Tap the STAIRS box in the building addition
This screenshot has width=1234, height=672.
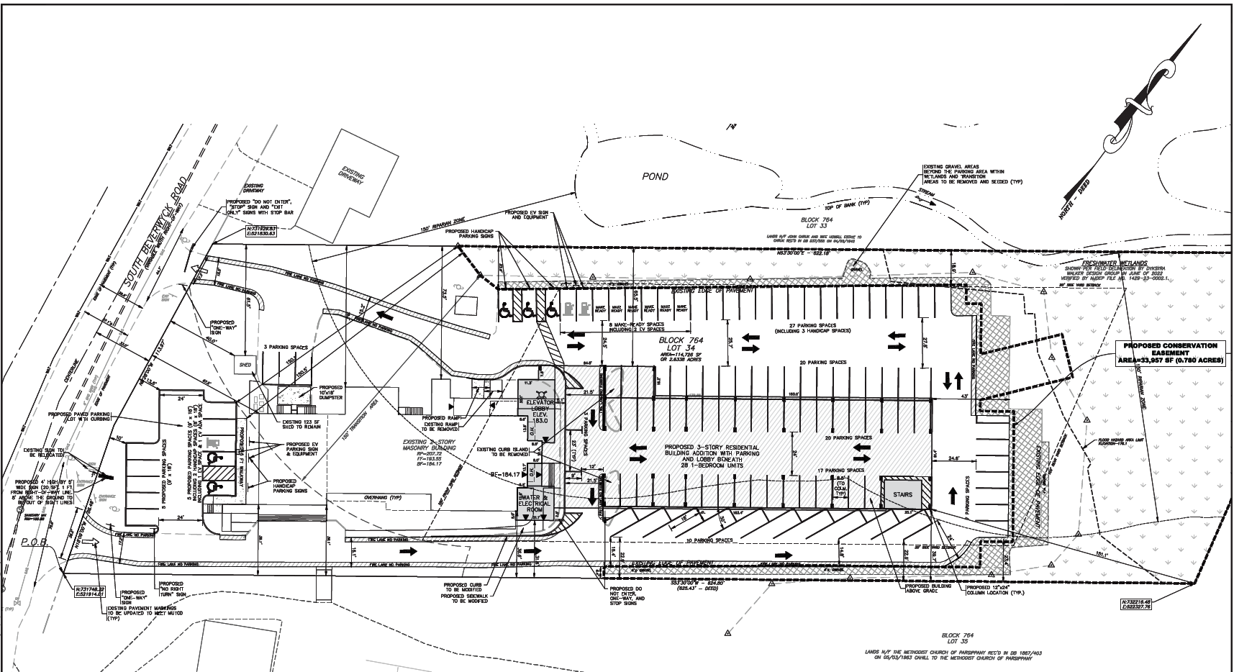[902, 495]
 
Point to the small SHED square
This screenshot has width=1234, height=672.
[245, 365]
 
